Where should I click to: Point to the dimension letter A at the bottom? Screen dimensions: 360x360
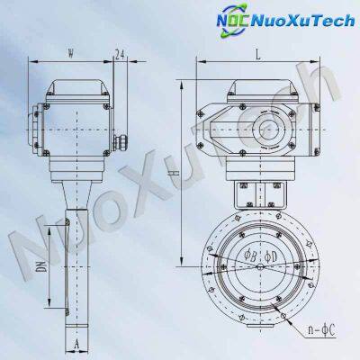[78, 343]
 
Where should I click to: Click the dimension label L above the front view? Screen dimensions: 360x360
[258, 54]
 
